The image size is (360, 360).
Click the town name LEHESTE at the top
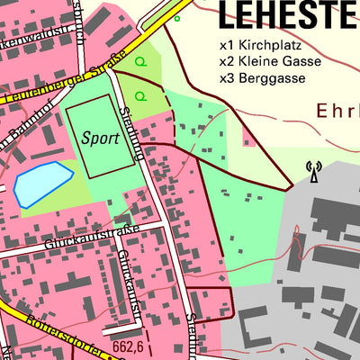click(x=286, y=14)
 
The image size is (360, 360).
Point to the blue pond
click(x=41, y=183)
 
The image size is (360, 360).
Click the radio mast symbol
click(x=313, y=171)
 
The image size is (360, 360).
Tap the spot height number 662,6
click(x=129, y=345)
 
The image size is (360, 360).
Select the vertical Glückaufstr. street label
click(x=128, y=279)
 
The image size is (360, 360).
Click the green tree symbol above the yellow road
click(x=176, y=17)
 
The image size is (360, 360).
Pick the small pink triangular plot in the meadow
click(x=247, y=137)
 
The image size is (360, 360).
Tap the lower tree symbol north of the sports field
click(x=139, y=94)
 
